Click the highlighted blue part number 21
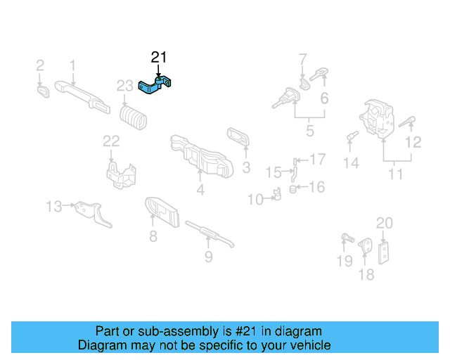coord(157,86)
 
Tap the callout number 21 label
coord(160,57)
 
